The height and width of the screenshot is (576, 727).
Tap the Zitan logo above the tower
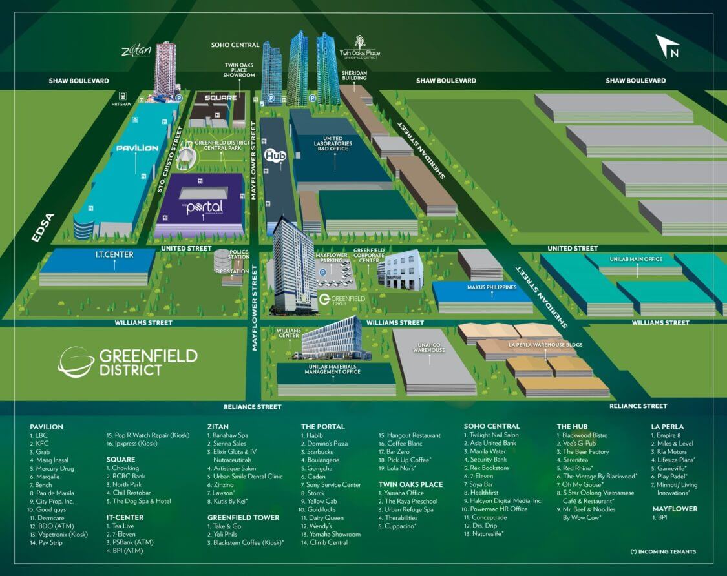[136, 51]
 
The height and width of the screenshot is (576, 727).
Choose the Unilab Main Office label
[636, 259]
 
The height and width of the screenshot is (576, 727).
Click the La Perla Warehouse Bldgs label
[537, 345]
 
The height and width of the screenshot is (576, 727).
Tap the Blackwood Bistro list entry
[585, 435]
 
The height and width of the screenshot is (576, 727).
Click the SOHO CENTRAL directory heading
[492, 426]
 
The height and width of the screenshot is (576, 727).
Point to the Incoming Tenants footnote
[663, 551]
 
